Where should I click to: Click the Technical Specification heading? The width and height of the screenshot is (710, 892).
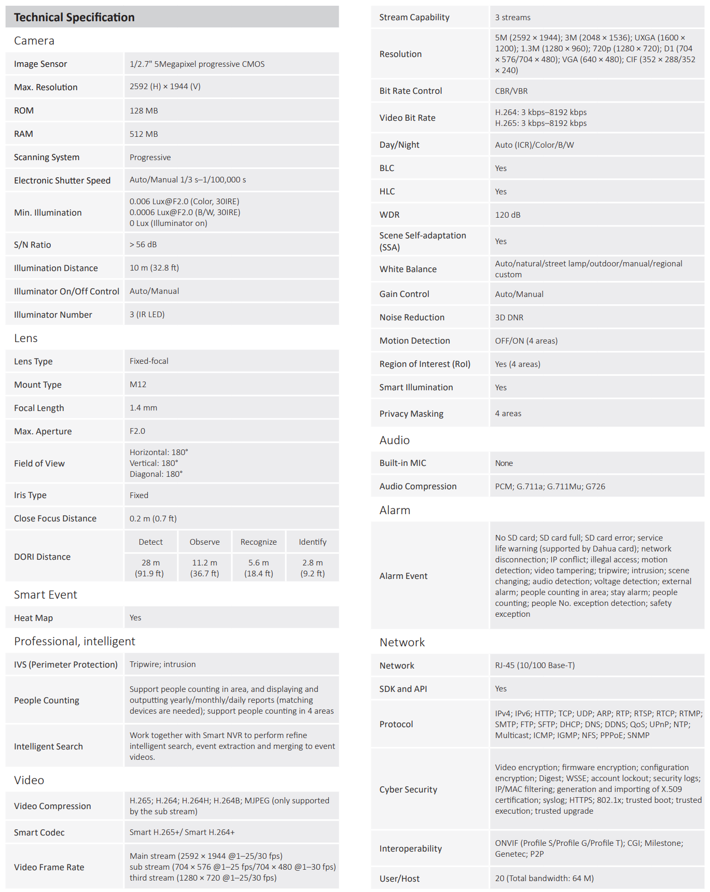pyautogui.click(x=74, y=17)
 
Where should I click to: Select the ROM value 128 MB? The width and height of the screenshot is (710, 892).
pyautogui.click(x=144, y=110)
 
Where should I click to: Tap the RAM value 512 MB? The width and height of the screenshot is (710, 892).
pyautogui.click(x=144, y=134)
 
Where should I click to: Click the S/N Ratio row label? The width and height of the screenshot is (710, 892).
pyautogui.click(x=32, y=245)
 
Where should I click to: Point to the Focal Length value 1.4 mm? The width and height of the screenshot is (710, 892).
pyautogui.click(x=143, y=407)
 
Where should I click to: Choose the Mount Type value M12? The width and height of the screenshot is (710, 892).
pyautogui.click(x=138, y=384)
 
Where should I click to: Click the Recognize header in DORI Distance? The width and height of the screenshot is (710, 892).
pyautogui.click(x=258, y=542)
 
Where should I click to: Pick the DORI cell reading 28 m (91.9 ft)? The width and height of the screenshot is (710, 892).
pyautogui.click(x=150, y=568)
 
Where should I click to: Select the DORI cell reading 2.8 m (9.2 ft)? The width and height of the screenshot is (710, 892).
pyautogui.click(x=312, y=568)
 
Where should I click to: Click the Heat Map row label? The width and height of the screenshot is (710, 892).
pyautogui.click(x=33, y=618)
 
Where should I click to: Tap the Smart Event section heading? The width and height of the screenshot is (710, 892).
pyautogui.click(x=46, y=594)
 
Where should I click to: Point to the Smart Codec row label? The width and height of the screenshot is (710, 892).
pyautogui.click(x=39, y=832)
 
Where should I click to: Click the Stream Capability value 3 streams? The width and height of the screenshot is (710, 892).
pyautogui.click(x=512, y=17)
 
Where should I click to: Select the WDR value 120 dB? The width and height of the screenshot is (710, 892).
pyautogui.click(x=507, y=215)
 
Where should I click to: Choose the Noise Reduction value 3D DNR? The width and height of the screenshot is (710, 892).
pyautogui.click(x=509, y=317)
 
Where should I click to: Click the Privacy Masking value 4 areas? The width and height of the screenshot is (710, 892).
pyautogui.click(x=508, y=413)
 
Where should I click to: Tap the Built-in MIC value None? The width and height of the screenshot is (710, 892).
pyautogui.click(x=504, y=463)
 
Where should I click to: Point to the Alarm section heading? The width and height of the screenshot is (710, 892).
pyautogui.click(x=395, y=510)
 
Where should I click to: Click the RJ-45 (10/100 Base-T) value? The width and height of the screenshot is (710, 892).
pyautogui.click(x=535, y=665)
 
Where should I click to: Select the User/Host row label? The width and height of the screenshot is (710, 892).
pyautogui.click(x=399, y=879)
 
